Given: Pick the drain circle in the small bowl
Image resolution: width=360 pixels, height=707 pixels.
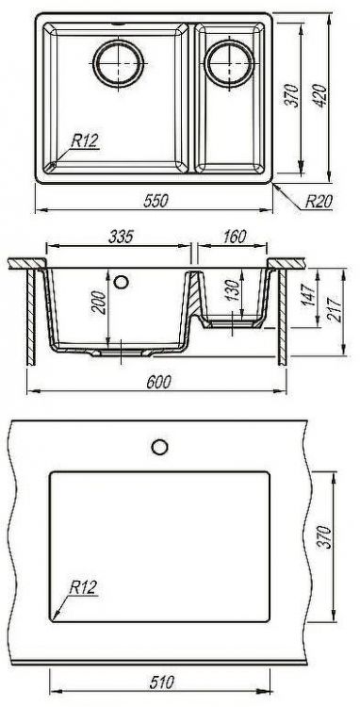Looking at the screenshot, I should coord(228,63).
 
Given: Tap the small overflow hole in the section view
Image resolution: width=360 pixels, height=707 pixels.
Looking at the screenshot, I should coord(120,281).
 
